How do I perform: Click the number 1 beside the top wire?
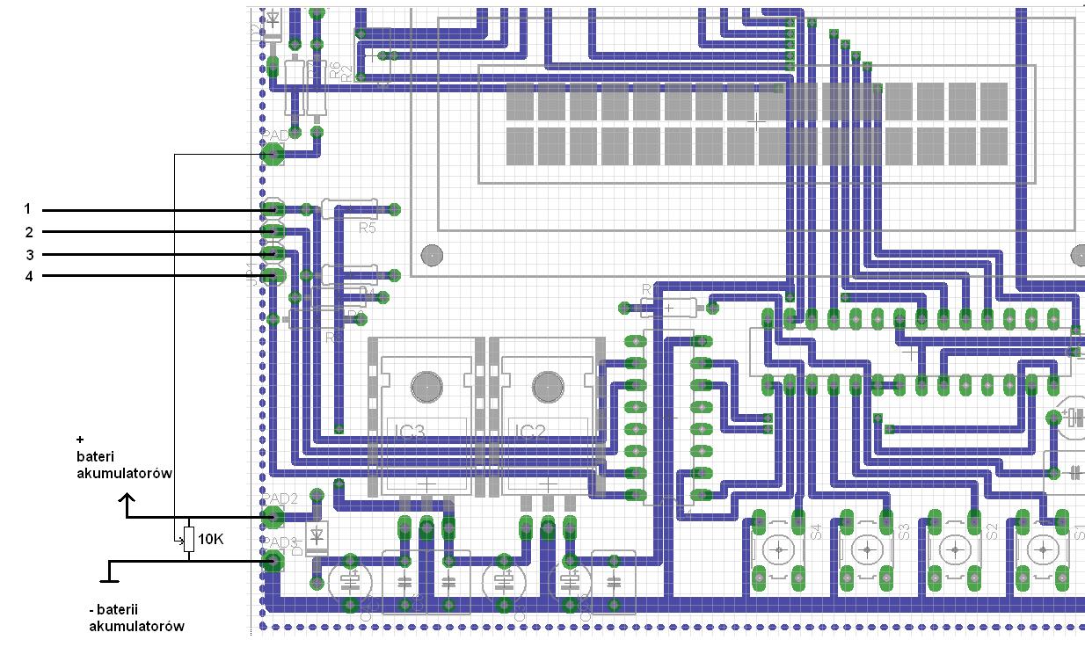coord(27,209)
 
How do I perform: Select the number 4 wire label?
coord(28,276)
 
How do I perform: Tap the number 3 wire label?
coord(28,255)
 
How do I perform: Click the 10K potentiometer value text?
coord(211,539)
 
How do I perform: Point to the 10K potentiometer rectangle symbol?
coord(188,538)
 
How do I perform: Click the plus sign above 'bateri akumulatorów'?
coord(80,439)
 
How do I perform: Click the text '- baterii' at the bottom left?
coord(118,610)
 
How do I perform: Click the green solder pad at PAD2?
coord(273,517)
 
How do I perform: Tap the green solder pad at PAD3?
coord(273,561)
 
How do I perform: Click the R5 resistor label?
coord(367,228)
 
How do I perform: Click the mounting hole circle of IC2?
coord(547,384)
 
